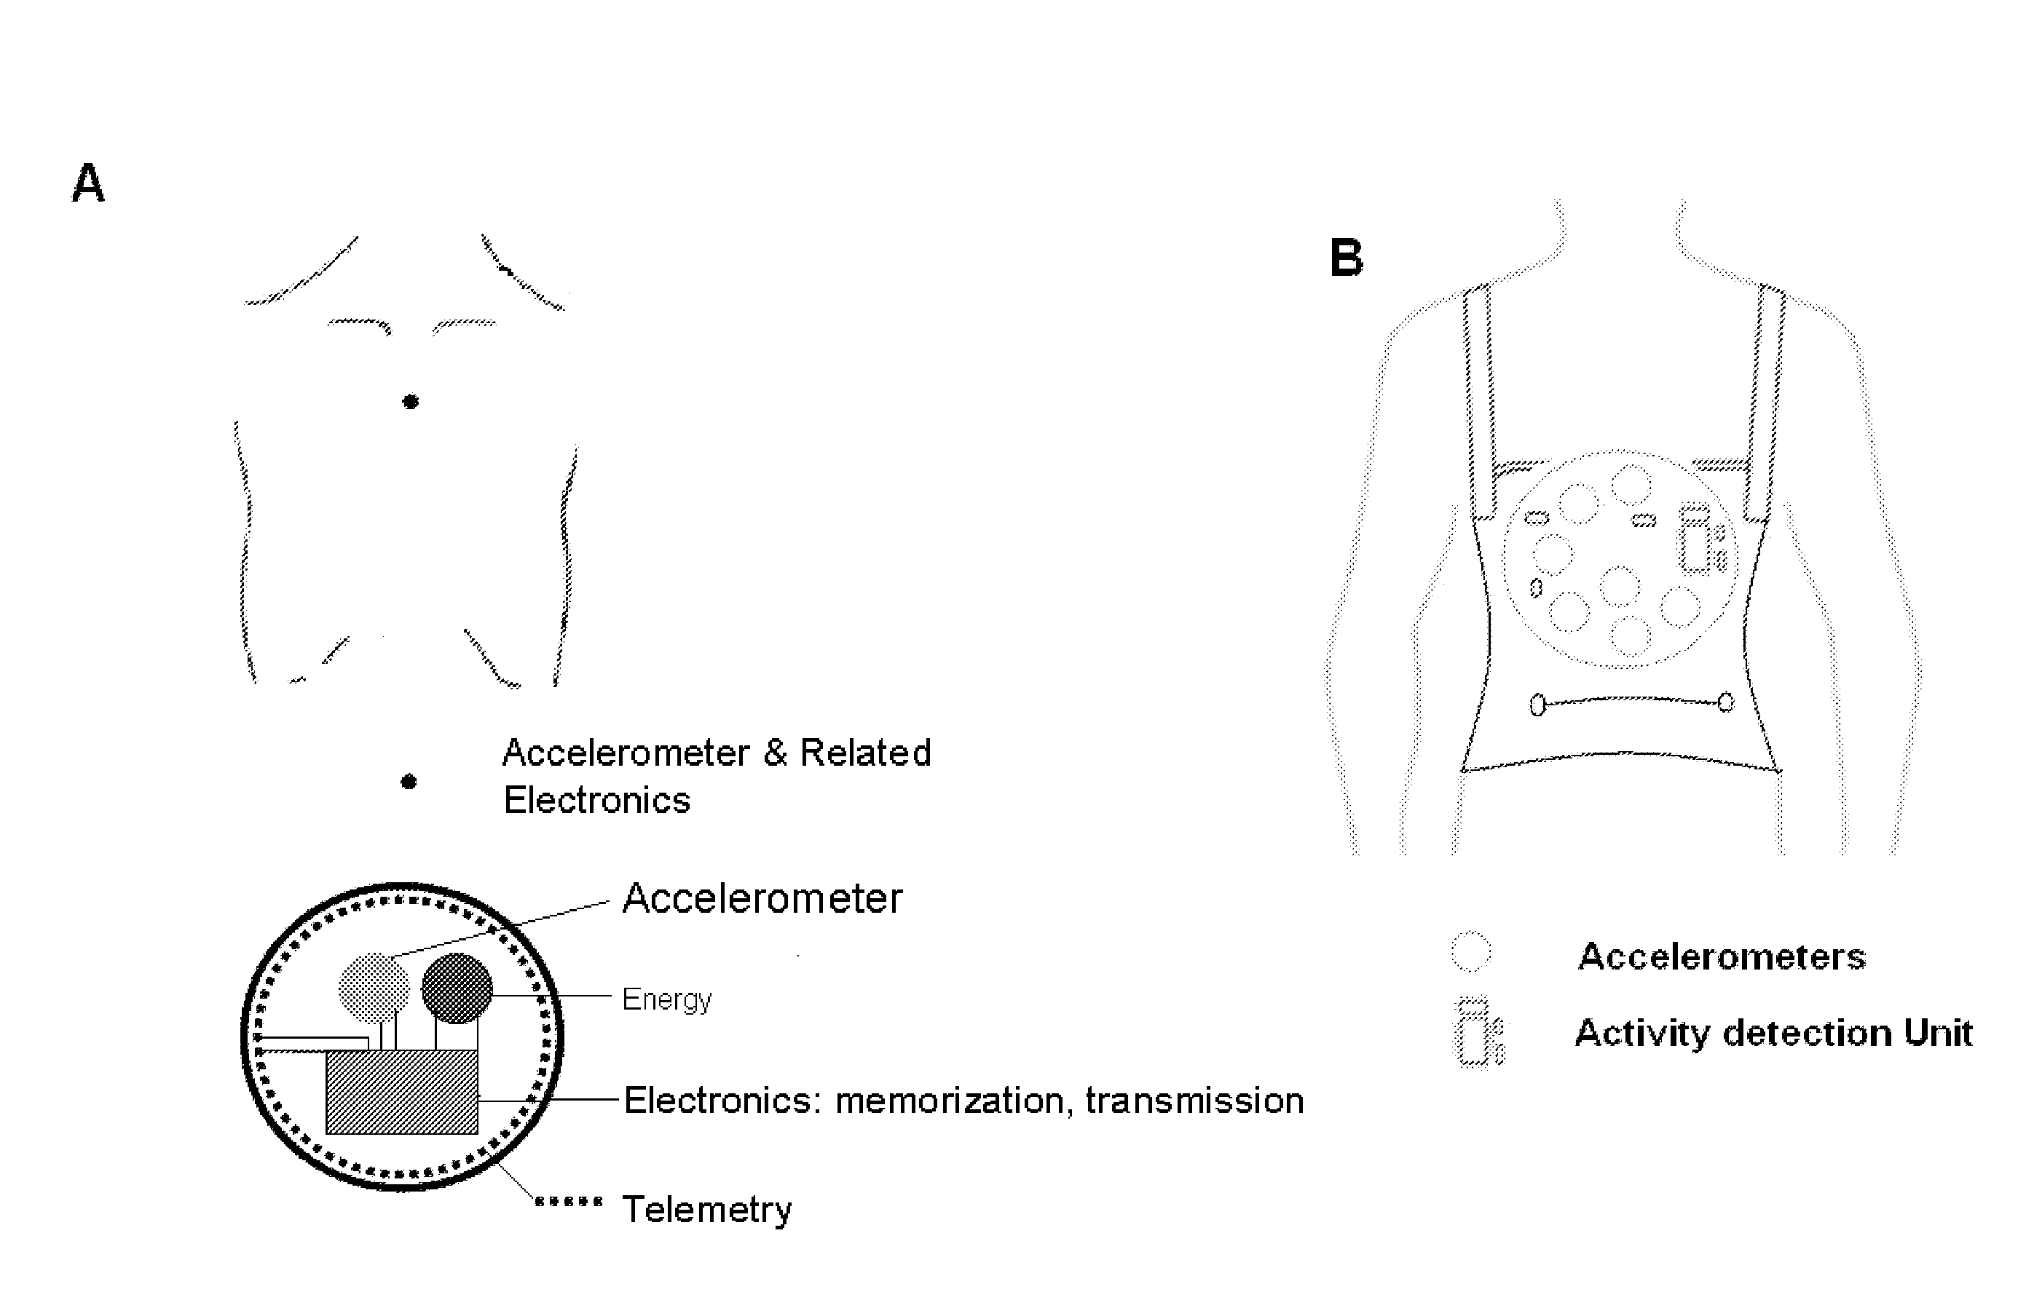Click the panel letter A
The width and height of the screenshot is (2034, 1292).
[88, 183]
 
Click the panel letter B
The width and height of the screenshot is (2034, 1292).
[1347, 258]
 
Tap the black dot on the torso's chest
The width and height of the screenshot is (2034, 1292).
[411, 402]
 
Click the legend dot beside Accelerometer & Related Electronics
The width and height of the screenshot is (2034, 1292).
[409, 782]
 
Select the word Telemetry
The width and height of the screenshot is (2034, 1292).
[707, 1209]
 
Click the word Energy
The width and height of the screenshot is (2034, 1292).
[666, 1000]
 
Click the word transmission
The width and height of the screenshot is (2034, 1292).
[1194, 1101]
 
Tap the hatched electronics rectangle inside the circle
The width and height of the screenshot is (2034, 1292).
[402, 1091]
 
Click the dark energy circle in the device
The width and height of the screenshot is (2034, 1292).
[457, 988]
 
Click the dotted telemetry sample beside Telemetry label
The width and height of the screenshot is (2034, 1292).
[569, 1201]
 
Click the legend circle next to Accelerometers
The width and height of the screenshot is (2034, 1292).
[1470, 951]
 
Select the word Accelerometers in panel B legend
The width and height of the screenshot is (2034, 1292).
[1722, 956]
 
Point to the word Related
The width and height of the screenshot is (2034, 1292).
[865, 753]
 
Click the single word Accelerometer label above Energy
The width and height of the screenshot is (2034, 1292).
[762, 898]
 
